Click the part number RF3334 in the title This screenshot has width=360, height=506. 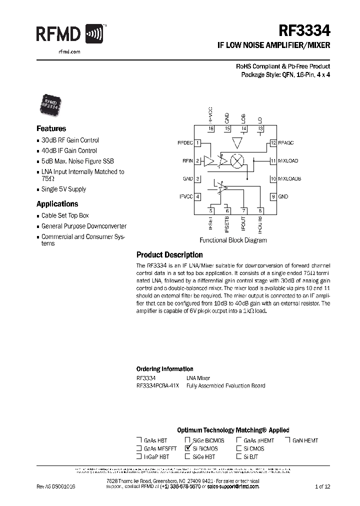(305, 31)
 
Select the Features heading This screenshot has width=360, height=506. (51, 128)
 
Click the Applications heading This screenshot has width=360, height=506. (57, 204)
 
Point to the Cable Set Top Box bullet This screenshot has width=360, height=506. (64, 215)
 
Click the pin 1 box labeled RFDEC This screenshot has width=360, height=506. (198, 143)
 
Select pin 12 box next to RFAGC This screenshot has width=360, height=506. (273, 143)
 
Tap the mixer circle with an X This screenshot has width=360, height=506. (239, 161)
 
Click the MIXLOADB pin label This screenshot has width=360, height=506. (289, 178)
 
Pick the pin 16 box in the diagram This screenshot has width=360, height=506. (211, 129)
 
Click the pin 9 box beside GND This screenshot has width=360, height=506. (273, 196)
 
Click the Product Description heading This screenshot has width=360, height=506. (169, 255)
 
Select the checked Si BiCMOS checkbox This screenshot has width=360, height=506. (188, 448)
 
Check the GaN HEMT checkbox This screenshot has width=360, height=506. (288, 440)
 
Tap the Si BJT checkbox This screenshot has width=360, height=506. (238, 456)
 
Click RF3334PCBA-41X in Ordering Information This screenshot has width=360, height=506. (157, 385)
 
